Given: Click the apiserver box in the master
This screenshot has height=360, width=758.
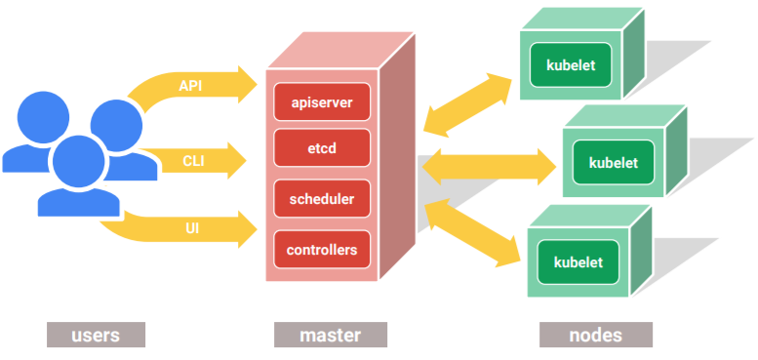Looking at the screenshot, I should pos(321,101).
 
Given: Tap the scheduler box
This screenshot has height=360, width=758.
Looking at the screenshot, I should pos(321,199).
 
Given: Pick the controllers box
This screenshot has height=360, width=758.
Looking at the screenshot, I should pos(321,250).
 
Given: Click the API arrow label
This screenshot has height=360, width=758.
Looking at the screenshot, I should pos(191,86).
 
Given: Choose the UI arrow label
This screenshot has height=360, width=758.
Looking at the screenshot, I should pos(192,228).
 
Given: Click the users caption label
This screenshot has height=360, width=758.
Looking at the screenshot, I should pos(96,335).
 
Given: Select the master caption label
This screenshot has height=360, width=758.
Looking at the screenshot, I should pos(330,335).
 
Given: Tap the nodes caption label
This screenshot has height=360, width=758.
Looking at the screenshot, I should pos(595,335).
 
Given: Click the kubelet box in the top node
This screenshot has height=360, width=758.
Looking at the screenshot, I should pos(571,65).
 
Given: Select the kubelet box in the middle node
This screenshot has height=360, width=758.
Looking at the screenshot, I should pos(613,162).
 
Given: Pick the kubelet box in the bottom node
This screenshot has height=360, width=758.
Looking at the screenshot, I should pos(578,261).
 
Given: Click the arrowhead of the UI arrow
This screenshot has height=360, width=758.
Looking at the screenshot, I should pos(245,229).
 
